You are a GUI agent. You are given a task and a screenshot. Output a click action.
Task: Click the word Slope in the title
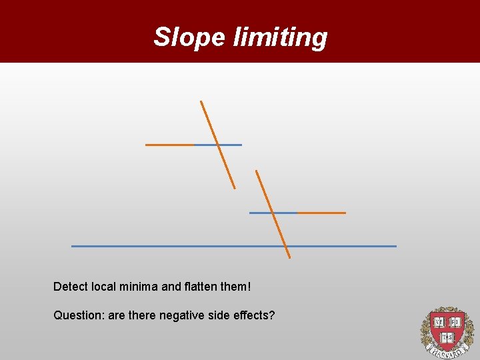pos(190,37)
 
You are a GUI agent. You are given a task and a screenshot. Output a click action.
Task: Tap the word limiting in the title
pos(280,37)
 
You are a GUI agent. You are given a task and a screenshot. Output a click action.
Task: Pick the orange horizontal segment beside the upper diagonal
pos(170,144)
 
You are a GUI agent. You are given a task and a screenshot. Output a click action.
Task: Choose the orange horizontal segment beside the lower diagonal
pos(321,213)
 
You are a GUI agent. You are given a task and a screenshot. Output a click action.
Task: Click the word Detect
pos(70,287)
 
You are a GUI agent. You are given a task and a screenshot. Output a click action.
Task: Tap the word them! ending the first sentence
pos(237,287)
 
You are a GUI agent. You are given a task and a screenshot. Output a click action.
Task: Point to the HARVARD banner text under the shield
pos(445,349)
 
